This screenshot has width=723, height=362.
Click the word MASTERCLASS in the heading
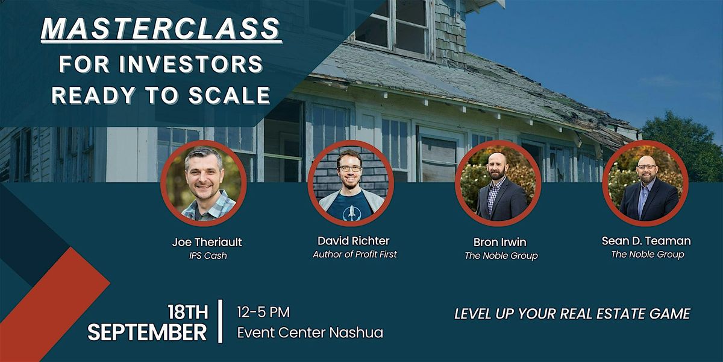(x=161, y=29)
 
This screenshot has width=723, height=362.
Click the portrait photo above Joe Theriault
(x=203, y=182)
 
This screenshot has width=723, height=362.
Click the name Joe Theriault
(x=207, y=243)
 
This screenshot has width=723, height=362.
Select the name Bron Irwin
(x=500, y=243)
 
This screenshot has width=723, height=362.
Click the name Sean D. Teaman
(x=646, y=241)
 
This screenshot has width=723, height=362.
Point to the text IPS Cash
(x=207, y=256)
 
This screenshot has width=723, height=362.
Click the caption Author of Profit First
(x=355, y=255)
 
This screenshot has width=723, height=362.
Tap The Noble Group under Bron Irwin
(x=501, y=256)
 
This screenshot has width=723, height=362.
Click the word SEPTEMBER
(x=148, y=332)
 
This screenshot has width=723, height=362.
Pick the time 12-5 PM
(x=264, y=313)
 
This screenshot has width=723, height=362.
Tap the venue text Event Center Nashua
(x=310, y=332)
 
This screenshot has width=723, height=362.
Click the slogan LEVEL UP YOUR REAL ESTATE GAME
(x=572, y=314)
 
